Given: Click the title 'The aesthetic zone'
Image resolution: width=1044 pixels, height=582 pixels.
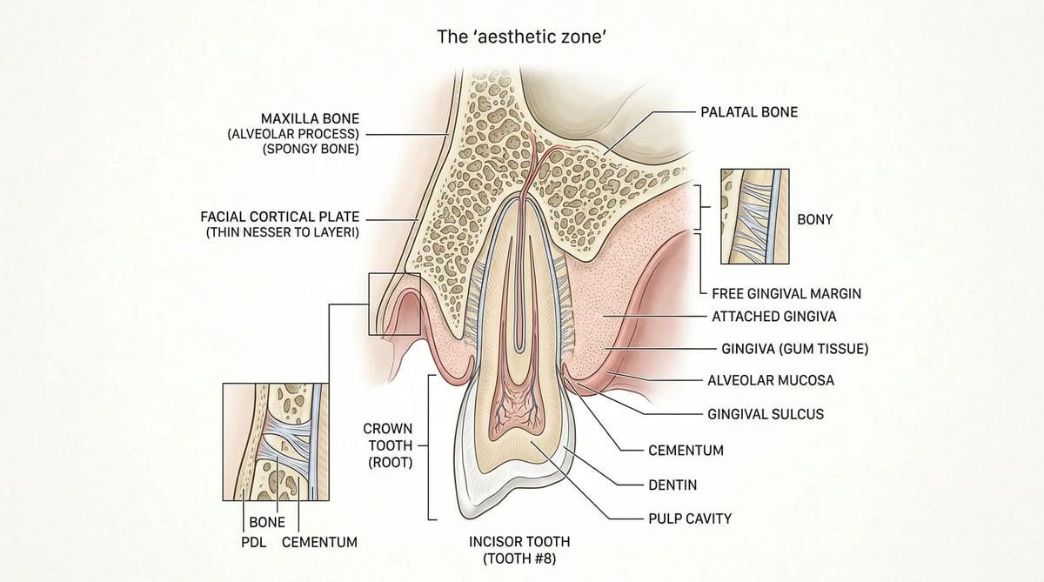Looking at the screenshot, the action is pos(521,37).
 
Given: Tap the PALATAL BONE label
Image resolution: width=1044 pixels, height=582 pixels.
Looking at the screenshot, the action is pos(749,112).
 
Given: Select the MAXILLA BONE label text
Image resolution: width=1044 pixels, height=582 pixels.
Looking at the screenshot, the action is pos(310,118).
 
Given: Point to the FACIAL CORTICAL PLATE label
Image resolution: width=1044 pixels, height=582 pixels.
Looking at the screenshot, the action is pos(279,217).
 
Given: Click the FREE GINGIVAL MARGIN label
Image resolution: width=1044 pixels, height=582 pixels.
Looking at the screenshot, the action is pos(786,293).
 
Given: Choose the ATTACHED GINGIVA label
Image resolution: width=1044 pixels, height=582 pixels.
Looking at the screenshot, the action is pos(773,317).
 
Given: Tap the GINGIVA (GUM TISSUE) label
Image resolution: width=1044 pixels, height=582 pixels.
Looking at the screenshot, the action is pos(794,349).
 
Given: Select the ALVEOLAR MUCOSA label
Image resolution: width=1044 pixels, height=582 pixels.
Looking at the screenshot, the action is pos(771,380).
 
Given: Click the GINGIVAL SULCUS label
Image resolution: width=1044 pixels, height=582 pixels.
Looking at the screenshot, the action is pos(766,414).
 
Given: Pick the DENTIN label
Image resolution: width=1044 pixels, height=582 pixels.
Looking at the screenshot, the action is pos(673,485).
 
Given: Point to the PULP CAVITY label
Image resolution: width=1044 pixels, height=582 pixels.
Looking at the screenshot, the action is pos(690,518).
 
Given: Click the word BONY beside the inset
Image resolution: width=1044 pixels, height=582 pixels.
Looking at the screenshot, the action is pos(814,219).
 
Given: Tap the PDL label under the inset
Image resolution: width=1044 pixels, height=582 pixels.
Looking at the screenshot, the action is pos(253,542).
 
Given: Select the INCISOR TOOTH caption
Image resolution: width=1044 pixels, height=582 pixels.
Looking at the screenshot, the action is pos(519,541).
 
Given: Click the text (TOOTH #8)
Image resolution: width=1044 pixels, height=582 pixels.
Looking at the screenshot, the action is pos(519,559).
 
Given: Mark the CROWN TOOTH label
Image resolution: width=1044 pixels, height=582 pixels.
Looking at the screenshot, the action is pos(388,437).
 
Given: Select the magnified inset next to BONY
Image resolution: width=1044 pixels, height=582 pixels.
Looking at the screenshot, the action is pos(755,217).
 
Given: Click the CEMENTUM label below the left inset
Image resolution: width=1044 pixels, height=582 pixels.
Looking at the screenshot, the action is pos(319,542).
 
